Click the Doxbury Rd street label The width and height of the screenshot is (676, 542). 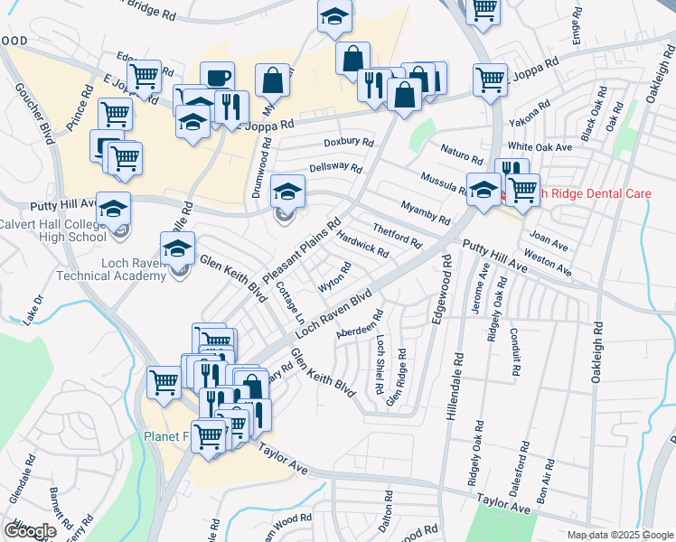[x=349, y=143]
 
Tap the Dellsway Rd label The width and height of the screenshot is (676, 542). [x=335, y=169]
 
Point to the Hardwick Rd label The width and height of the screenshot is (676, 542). [x=361, y=243]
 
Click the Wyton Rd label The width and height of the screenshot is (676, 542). [x=334, y=277]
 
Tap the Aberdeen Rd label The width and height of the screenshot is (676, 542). [x=360, y=325]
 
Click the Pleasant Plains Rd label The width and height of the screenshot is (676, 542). [x=302, y=248]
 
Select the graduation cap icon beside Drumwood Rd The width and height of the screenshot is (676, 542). [x=287, y=192]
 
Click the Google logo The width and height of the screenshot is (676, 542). [x=30, y=531]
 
